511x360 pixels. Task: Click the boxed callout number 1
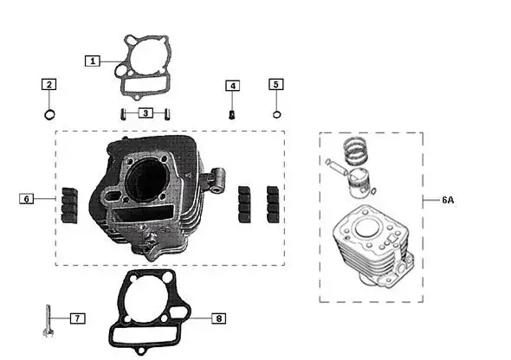[93, 61]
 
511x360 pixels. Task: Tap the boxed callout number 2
[49, 84]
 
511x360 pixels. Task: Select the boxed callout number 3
[146, 113]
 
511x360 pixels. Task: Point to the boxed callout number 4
[233, 86]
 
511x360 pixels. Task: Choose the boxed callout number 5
[276, 84]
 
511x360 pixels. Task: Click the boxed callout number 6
[26, 198]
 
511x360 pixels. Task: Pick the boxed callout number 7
[78, 318]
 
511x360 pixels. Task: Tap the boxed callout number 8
[218, 318]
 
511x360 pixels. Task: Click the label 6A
[448, 200]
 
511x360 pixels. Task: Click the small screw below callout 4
[232, 114]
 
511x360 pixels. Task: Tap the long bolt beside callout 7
[49, 320]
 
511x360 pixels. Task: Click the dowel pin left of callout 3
[123, 114]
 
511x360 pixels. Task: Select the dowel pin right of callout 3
[167, 114]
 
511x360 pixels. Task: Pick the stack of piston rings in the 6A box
[356, 151]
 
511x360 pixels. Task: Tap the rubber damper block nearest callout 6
[69, 205]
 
